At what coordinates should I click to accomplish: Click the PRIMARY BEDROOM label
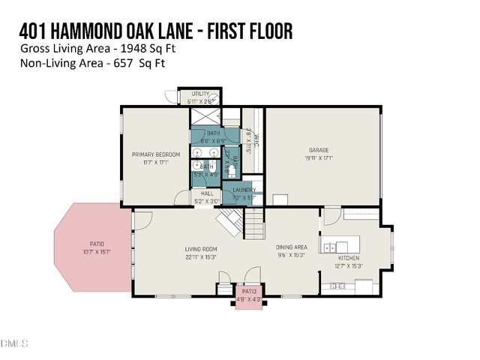pos(155,154)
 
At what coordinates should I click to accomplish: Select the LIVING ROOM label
pos(201,249)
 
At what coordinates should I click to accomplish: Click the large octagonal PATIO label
pos(97,243)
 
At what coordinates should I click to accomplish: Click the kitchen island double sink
pos(335,246)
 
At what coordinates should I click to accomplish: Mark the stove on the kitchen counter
pos(336,286)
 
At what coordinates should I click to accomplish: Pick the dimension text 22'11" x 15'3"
pos(201,257)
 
